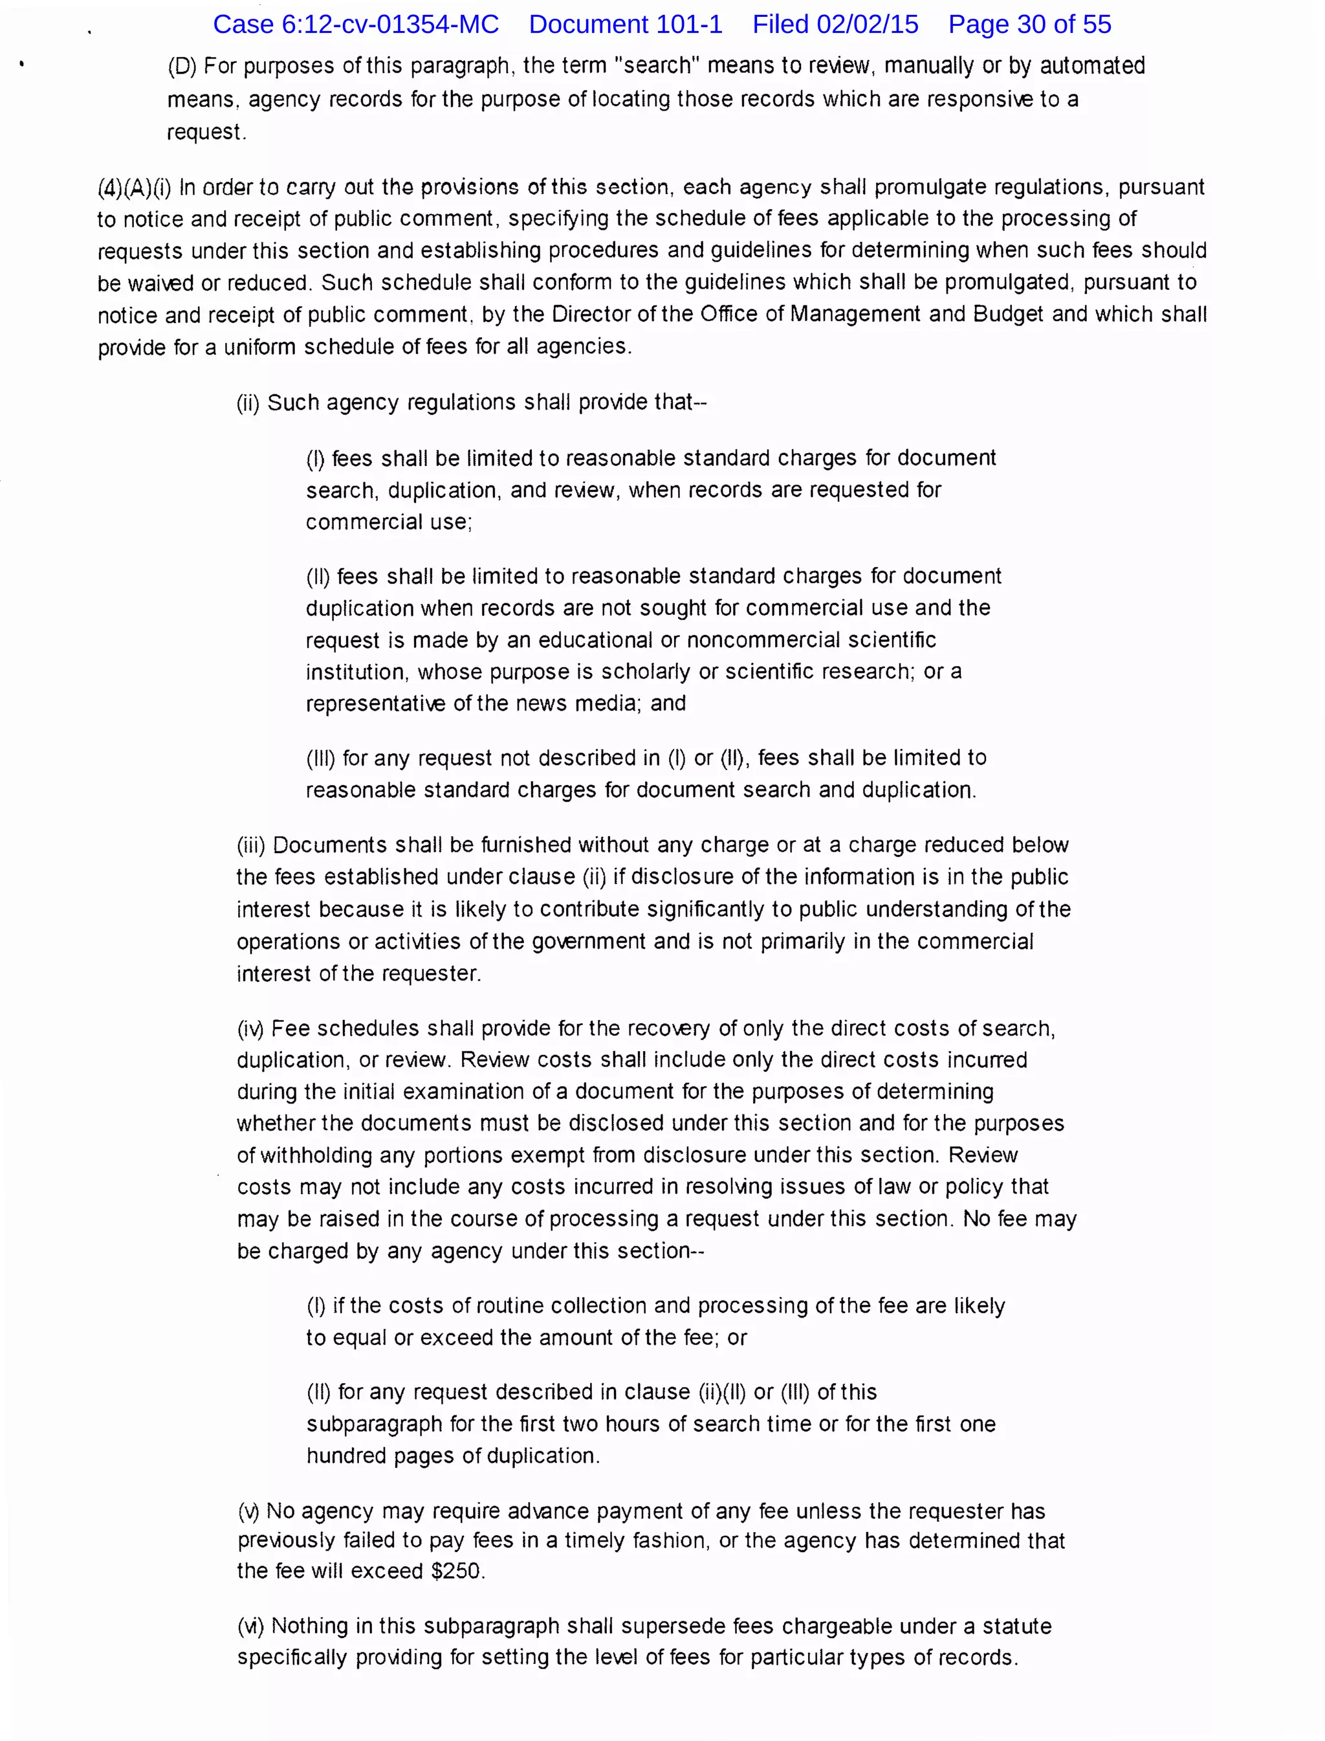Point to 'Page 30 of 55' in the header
click(x=1029, y=25)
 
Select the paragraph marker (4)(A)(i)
click(x=134, y=188)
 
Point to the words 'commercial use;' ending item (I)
click(x=389, y=522)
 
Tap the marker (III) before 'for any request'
click(x=321, y=758)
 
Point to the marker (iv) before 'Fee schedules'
click(x=251, y=1028)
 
